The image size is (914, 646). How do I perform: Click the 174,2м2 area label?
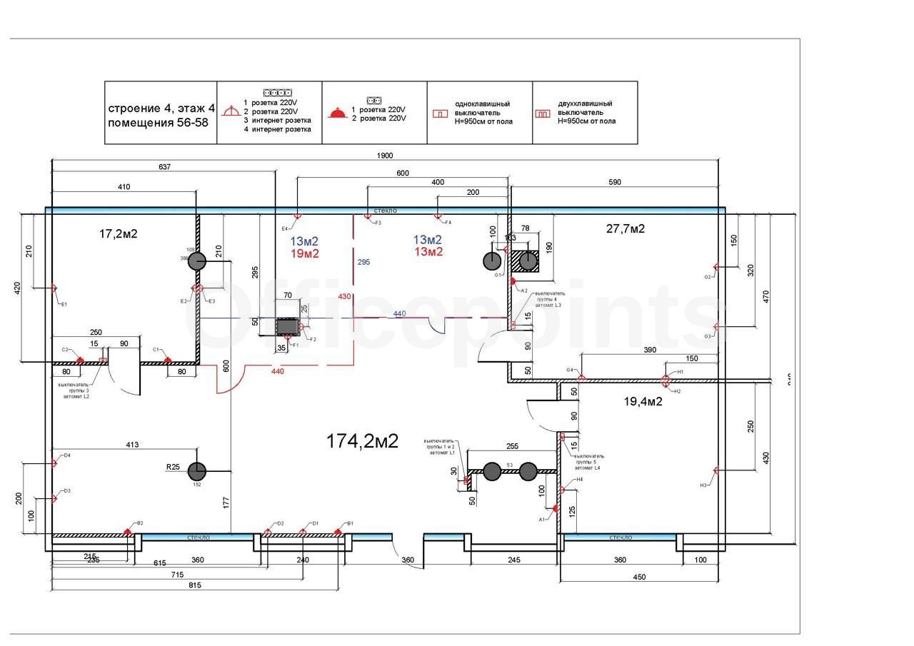point(362,441)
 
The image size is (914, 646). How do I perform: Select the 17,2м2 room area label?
point(118,233)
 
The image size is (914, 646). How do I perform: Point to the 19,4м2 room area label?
point(643,401)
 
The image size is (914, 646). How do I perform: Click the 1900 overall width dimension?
point(385,156)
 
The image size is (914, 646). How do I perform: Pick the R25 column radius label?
point(173,467)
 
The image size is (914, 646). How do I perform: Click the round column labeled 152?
point(197,471)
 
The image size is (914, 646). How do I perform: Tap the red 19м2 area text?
point(305,253)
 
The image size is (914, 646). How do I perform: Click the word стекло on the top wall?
point(385,211)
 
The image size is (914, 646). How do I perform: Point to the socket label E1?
point(64,304)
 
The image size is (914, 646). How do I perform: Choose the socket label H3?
point(703,485)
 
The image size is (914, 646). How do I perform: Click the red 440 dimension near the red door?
point(277,371)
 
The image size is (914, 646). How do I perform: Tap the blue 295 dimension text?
point(363,263)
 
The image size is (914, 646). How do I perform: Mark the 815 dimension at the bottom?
point(195,585)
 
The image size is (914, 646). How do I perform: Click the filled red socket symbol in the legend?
point(337,113)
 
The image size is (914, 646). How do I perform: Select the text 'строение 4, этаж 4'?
point(161,108)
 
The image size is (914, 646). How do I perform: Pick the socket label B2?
point(140,523)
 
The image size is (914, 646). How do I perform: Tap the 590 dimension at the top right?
point(614,182)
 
